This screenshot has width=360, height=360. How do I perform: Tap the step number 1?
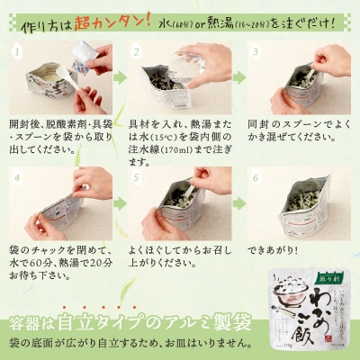coord(14,52)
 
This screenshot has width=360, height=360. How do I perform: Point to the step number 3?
coord(252,52)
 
